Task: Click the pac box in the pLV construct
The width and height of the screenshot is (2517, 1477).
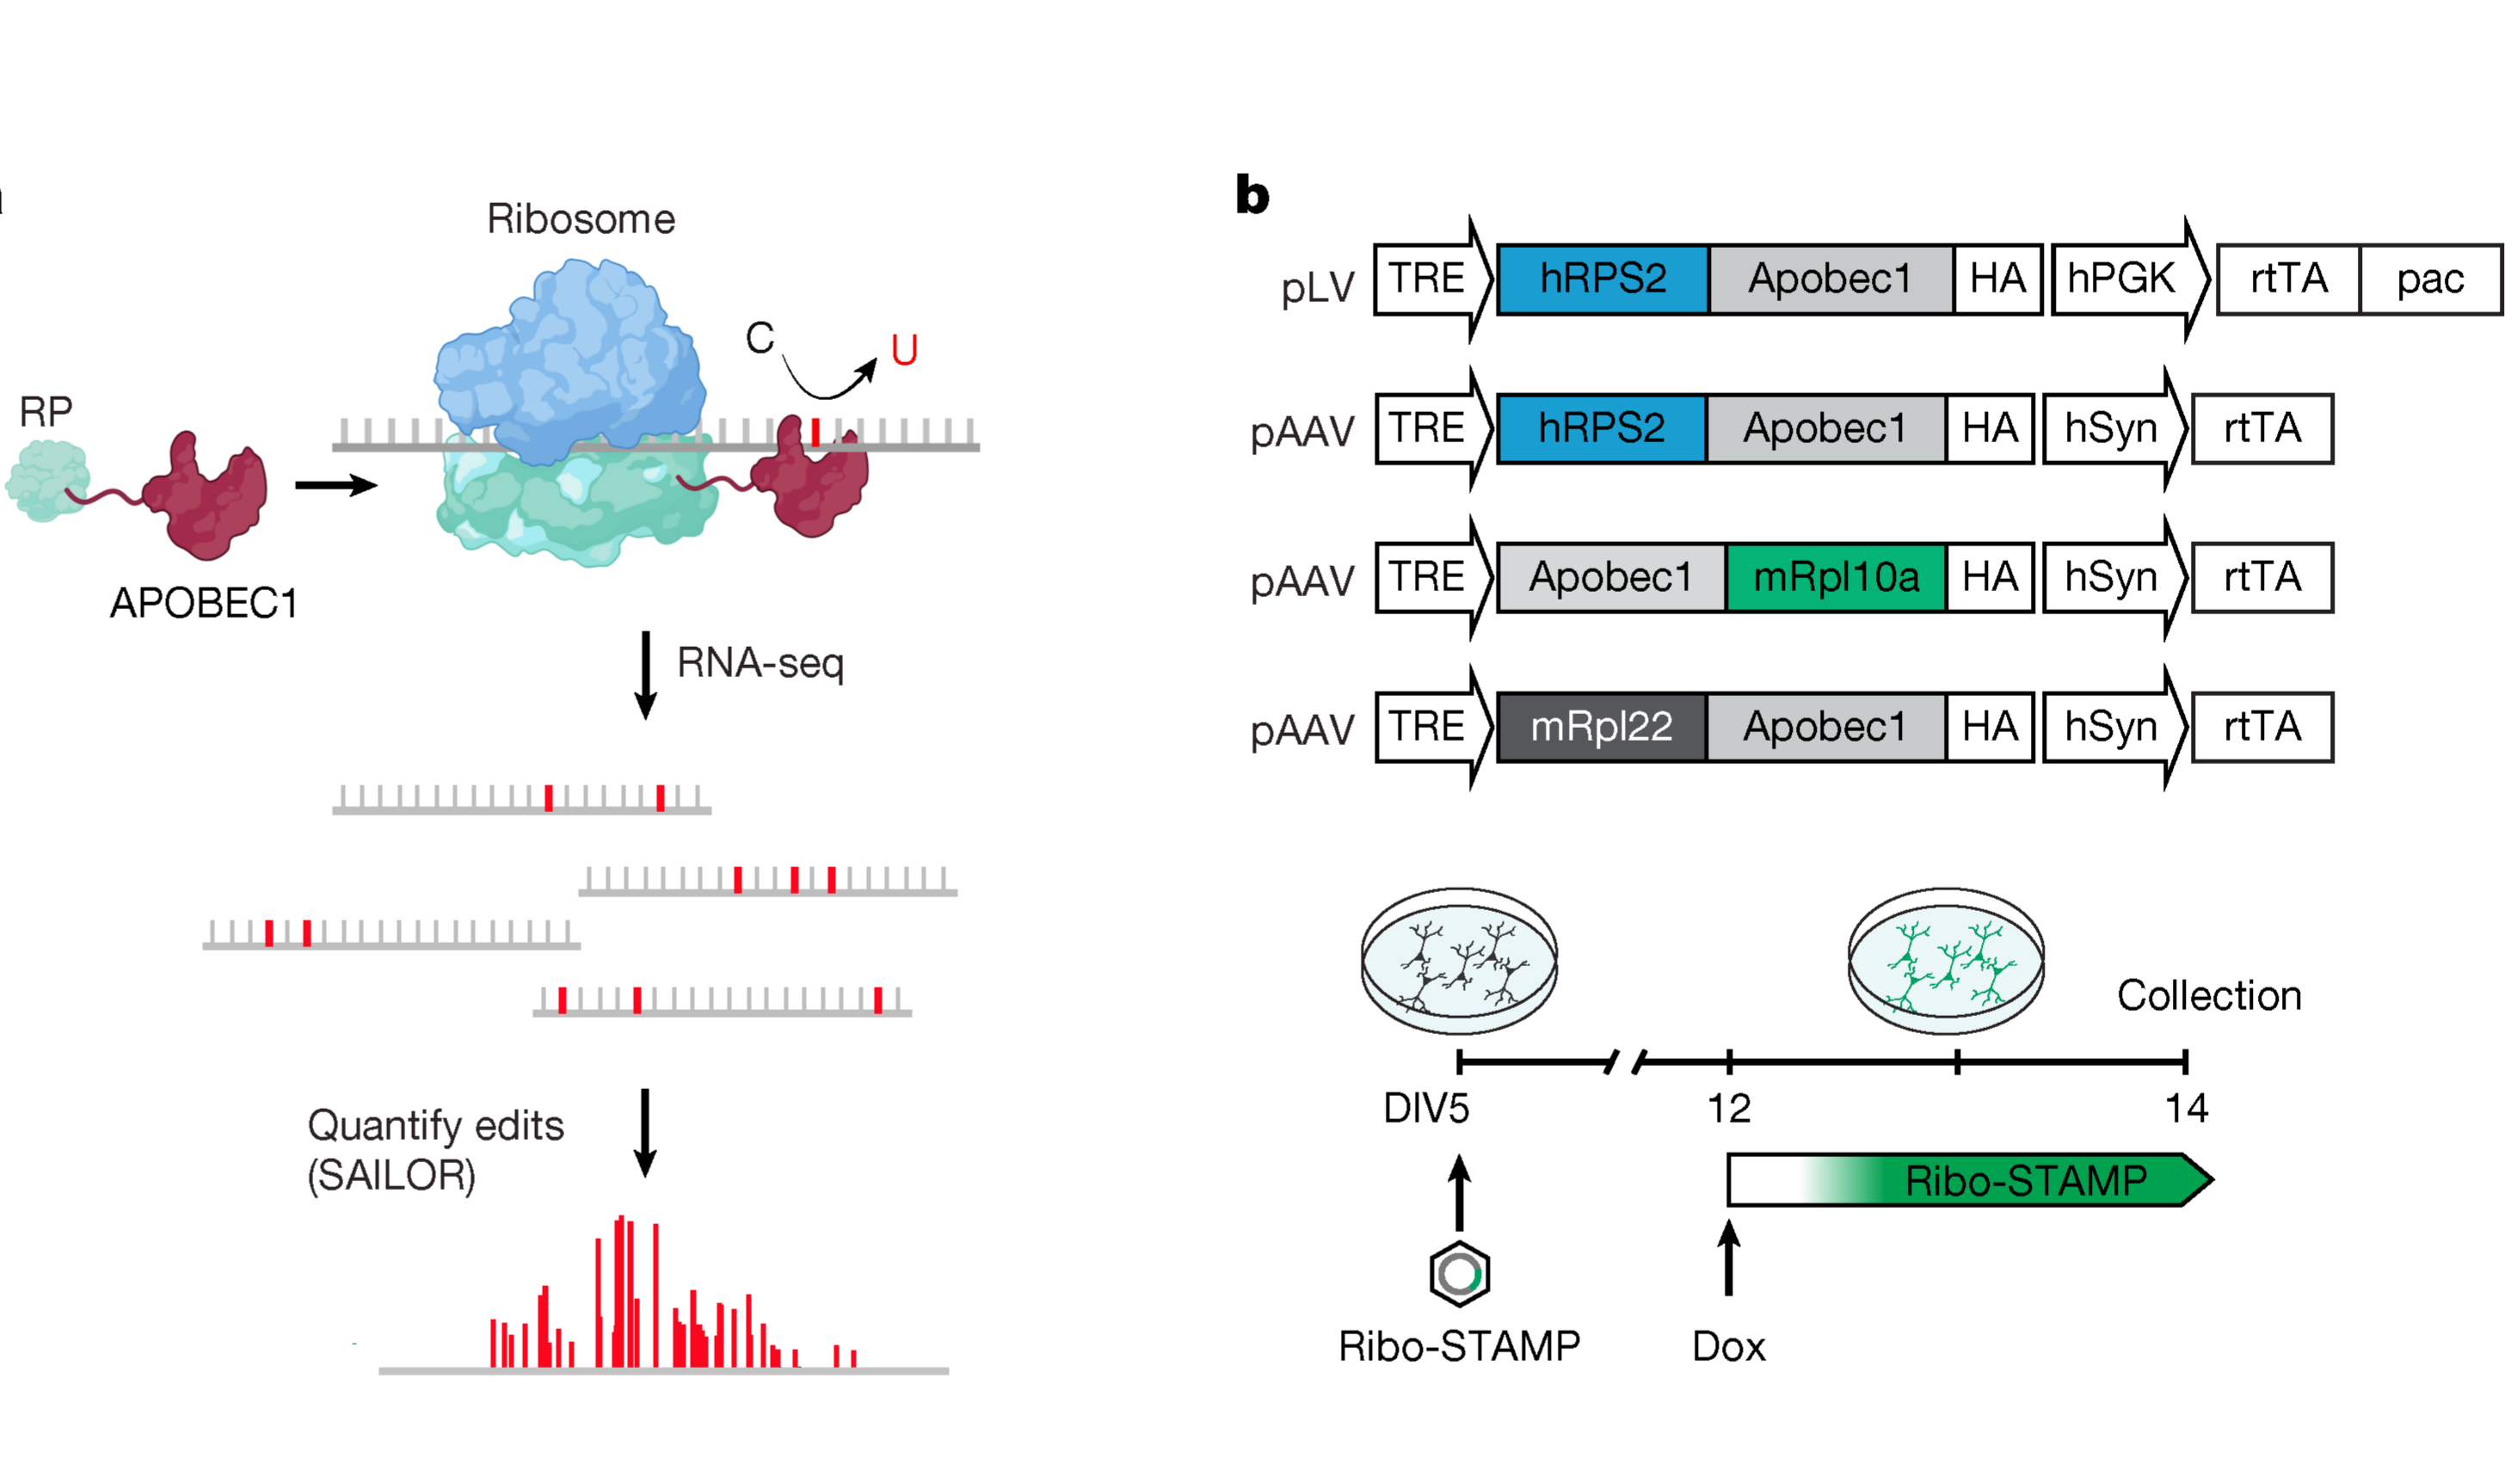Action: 2429,279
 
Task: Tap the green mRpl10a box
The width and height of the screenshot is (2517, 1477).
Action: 1835,577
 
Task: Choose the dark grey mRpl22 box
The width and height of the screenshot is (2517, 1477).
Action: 1601,726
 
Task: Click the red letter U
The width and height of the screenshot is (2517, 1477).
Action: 903,350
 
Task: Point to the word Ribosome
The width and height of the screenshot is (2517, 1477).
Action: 581,218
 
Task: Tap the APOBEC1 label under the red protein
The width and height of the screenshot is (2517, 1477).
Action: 204,602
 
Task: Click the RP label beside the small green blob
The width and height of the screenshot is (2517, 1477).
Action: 46,411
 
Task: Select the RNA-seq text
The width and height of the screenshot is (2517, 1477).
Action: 760,663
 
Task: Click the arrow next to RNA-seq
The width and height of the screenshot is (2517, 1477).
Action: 645,674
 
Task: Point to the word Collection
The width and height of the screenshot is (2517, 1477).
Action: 2208,994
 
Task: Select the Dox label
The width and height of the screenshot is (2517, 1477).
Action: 1728,1346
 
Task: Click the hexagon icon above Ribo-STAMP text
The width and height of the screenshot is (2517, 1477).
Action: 1459,1273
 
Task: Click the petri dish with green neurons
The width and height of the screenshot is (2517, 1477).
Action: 1946,961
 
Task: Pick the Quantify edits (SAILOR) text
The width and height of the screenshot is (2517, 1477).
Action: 435,1149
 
